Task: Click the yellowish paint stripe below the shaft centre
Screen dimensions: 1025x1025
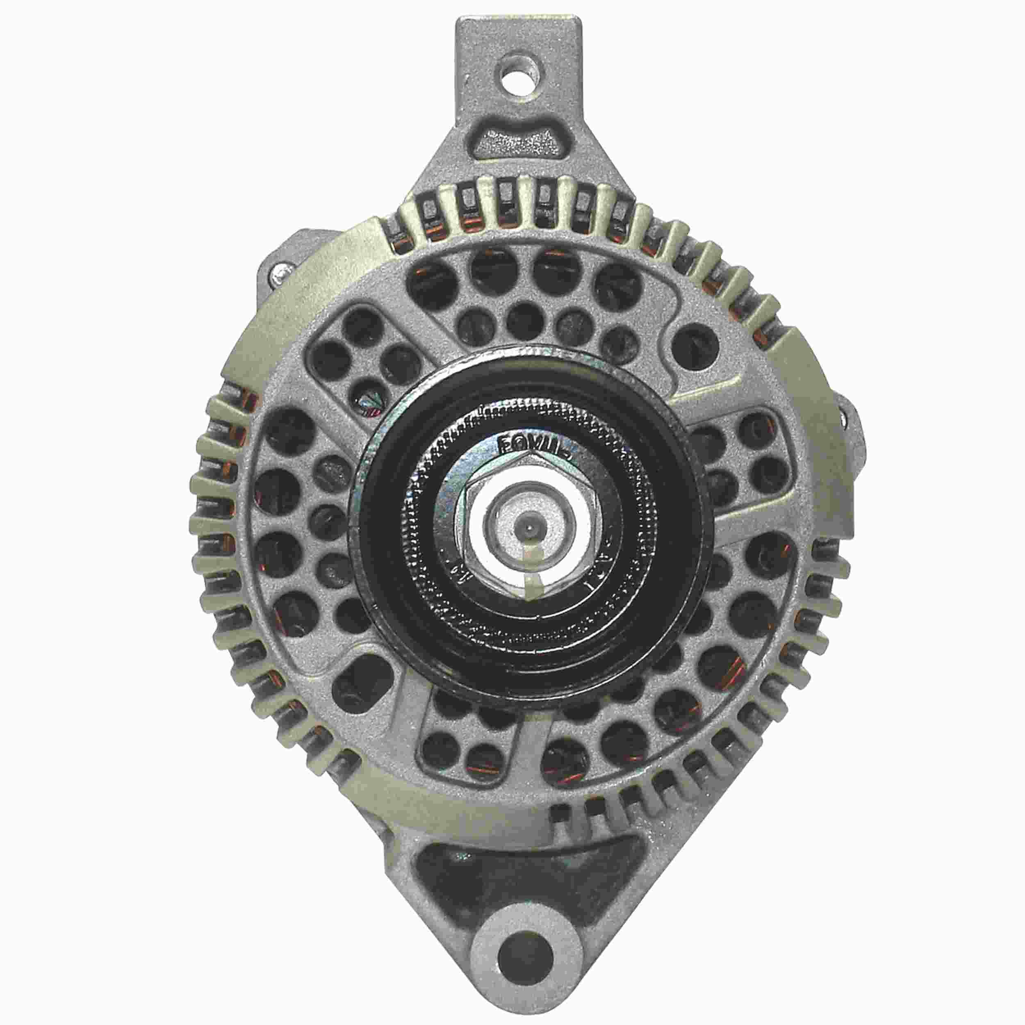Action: tap(535, 568)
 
